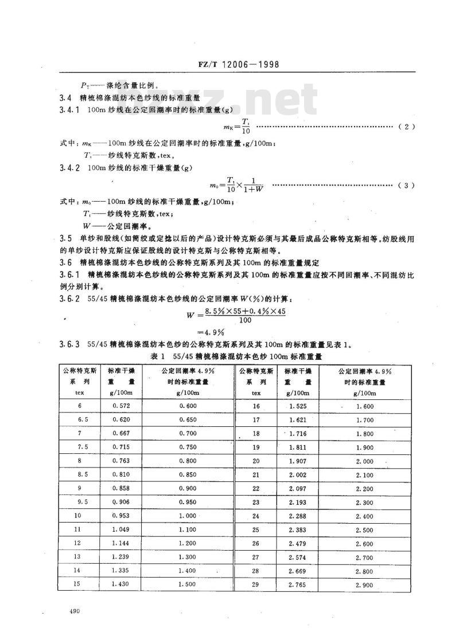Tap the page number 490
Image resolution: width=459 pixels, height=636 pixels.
[72, 612]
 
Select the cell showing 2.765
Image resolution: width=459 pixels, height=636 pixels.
[297, 584]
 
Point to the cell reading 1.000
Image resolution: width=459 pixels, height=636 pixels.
[187, 516]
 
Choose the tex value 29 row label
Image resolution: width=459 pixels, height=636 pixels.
[256, 584]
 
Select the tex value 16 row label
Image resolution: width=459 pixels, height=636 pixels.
[256, 406]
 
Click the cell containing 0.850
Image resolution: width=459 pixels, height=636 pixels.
[187, 474]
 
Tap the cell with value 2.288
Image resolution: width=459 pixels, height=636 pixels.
[297, 516]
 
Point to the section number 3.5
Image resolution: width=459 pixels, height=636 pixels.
[67, 237]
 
